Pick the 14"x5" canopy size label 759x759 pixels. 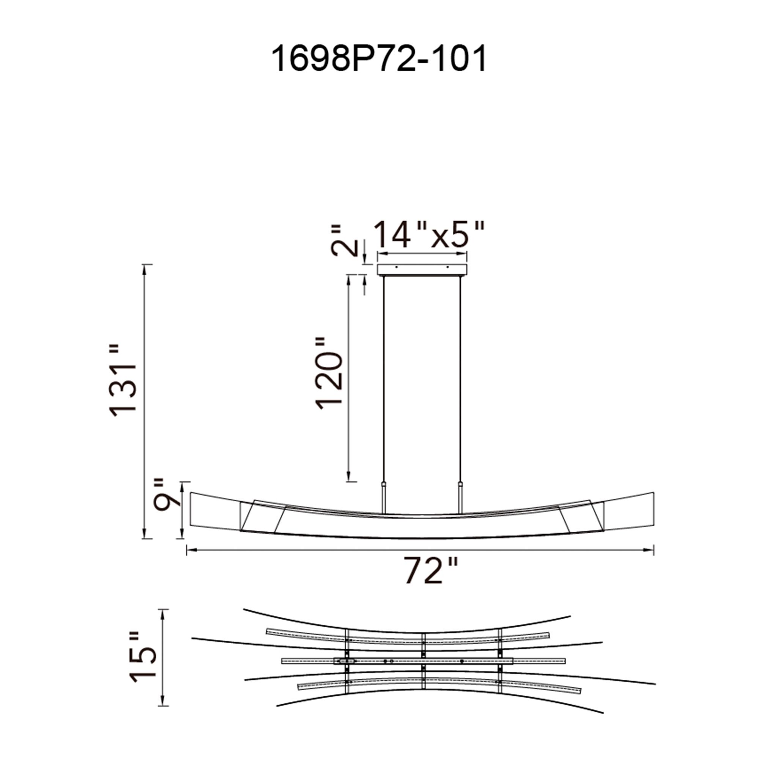coord(428,235)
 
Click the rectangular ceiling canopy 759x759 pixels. coord(422,269)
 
